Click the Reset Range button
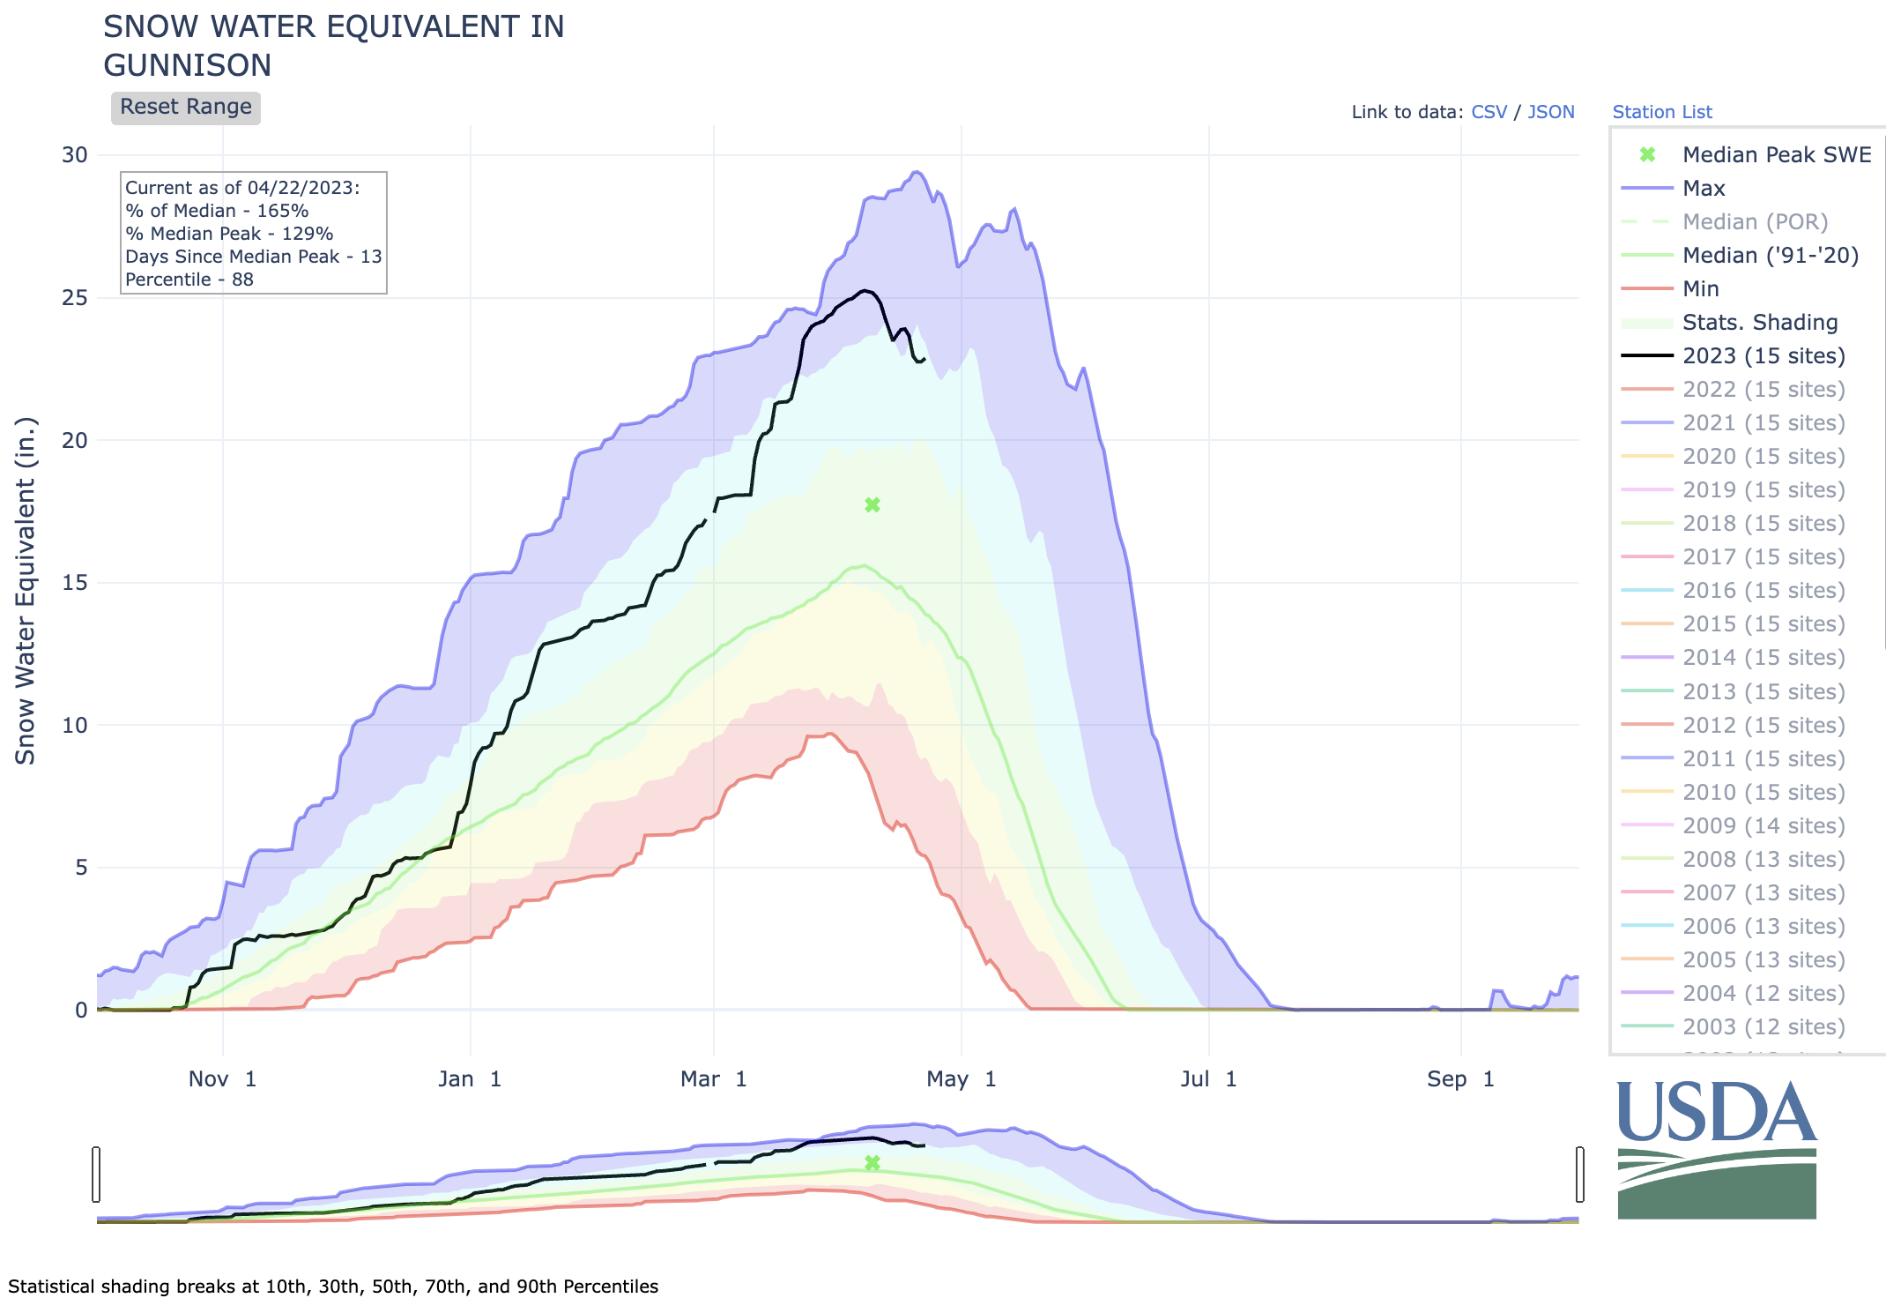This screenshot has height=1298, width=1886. [185, 108]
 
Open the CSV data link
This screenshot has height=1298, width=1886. [1489, 112]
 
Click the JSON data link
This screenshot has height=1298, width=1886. [1550, 112]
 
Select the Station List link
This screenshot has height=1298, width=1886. [1661, 112]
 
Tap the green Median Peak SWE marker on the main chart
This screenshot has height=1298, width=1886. [872, 505]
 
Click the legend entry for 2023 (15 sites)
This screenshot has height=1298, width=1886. [1763, 355]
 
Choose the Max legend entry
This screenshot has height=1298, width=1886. [1703, 188]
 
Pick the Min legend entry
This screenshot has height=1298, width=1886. [1700, 288]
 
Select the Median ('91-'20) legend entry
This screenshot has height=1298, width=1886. [1770, 255]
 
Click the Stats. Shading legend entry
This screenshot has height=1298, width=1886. [1759, 322]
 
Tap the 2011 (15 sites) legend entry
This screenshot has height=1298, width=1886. [1763, 758]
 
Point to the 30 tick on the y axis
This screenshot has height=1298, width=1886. [75, 155]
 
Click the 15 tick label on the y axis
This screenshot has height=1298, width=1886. [75, 583]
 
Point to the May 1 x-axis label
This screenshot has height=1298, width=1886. [961, 1079]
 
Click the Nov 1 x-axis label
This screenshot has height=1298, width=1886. [222, 1079]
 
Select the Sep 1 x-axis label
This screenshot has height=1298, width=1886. [1460, 1079]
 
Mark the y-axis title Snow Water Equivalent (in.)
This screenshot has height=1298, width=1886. [26, 591]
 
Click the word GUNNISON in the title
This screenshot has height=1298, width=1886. [188, 65]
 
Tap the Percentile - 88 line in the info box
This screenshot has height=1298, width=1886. [189, 280]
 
